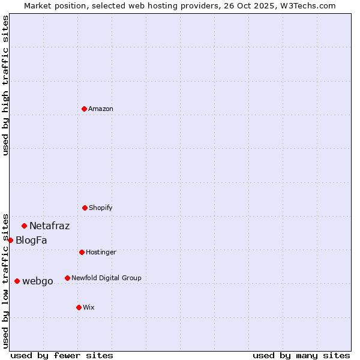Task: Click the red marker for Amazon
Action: pos(85,109)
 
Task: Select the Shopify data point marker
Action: pos(85,208)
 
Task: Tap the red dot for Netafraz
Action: pos(25,226)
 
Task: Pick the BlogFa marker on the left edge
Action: pos(10,240)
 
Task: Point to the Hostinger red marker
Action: pos(82,252)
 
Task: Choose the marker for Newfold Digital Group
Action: pos(67,278)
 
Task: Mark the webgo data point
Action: pos(17,281)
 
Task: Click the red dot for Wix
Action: pos(79,307)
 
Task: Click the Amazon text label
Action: pos(101,109)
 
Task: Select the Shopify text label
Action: pos(101,208)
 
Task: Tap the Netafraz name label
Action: pos(49,226)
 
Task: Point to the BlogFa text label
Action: pos(31,241)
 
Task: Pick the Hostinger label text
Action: pos(101,252)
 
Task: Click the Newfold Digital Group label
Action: pos(106,278)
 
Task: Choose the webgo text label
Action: pos(38,281)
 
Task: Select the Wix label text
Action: pos(89,307)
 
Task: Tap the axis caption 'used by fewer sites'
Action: pos(62,355)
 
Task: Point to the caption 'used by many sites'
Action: pos(301,355)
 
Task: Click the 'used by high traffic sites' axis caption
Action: pos(5,85)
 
